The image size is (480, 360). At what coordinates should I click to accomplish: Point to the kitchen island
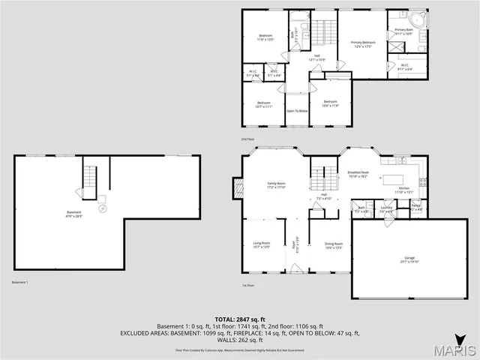[394, 180]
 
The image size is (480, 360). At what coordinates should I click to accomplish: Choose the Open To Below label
[298, 111]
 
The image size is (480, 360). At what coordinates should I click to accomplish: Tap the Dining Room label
[334, 244]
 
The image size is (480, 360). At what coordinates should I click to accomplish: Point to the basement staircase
[90, 180]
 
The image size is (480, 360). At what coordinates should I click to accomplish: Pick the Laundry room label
[387, 208]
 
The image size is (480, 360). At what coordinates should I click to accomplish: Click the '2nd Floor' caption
[248, 139]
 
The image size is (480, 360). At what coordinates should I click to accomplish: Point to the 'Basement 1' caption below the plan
[20, 282]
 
